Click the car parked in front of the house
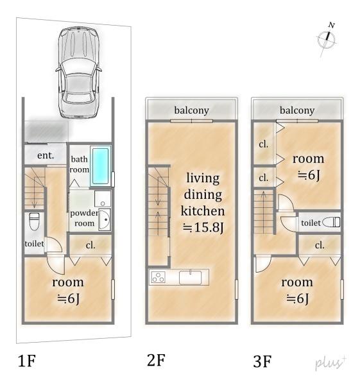coord(78,73)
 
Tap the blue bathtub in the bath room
coord(101,166)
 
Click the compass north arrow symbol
coord(327,39)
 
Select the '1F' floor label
coord(27,361)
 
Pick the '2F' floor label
coord(156,360)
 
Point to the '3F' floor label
coord(262,361)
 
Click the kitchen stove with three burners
coord(158,277)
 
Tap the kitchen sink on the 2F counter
coord(191,277)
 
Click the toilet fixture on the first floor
coord(34,221)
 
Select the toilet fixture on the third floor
coord(331,223)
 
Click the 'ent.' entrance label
coord(46,155)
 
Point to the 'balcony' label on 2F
coord(191,110)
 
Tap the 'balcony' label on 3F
coord(297,110)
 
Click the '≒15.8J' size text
coord(203,227)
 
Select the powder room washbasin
coord(105,219)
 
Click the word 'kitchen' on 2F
coord(203,211)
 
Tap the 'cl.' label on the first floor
coord(90,245)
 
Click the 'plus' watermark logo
coord(330,363)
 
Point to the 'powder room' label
coord(84,218)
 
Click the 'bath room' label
coord(80,164)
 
